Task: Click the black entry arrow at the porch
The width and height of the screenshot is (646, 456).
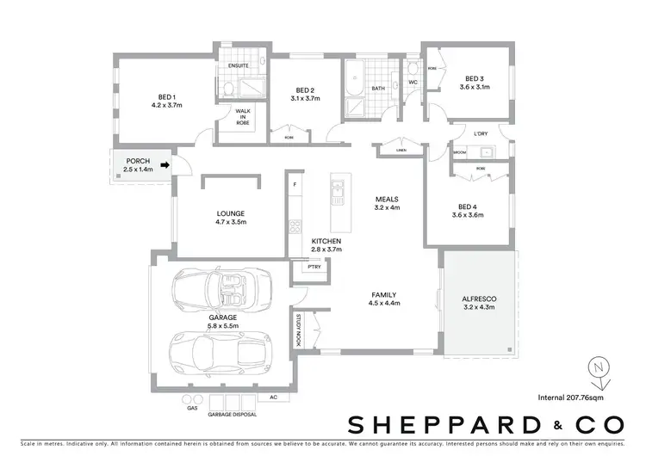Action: (164, 170)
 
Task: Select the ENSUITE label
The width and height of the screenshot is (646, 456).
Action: (239, 67)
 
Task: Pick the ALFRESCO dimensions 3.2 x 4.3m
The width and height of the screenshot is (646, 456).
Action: (479, 306)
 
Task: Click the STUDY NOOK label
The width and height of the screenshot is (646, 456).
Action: (299, 329)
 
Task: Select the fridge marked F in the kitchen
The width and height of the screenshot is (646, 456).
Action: (295, 185)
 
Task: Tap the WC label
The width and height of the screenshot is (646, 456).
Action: (413, 83)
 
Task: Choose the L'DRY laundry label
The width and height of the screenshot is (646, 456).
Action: (481, 133)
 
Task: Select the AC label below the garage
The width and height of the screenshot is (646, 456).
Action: (273, 397)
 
